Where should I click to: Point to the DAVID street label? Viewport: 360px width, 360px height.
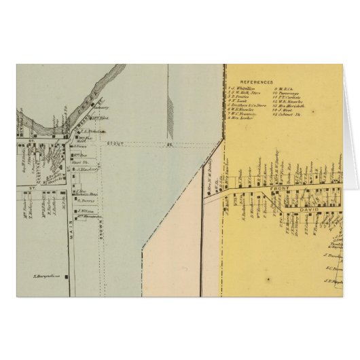coord(302,201)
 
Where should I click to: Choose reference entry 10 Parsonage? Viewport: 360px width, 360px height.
coord(285,93)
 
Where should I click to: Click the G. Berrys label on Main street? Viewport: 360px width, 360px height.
coord(85,201)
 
